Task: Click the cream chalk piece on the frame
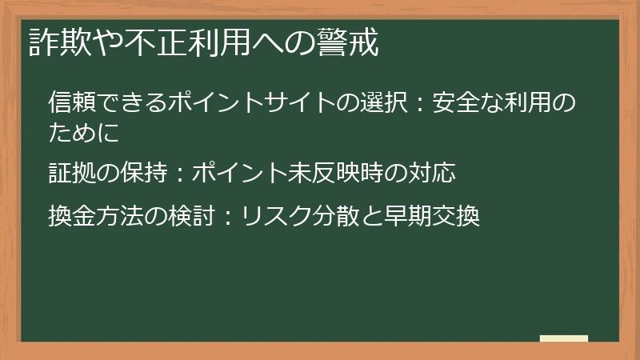[x=563, y=339]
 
